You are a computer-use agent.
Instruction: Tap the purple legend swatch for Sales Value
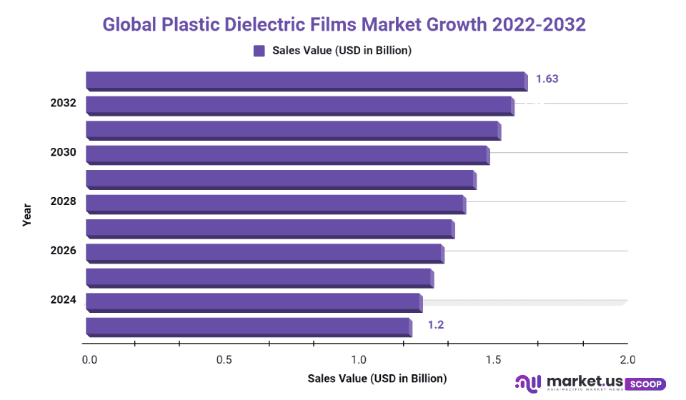click(259, 51)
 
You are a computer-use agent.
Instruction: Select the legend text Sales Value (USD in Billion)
click(342, 51)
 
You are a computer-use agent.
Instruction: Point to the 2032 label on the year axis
click(63, 103)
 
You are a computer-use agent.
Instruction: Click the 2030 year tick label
click(63, 152)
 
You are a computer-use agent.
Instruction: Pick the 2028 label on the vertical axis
click(63, 201)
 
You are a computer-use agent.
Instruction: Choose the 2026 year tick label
click(63, 251)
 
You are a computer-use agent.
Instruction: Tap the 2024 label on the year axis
click(63, 300)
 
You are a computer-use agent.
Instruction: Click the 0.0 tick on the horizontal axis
click(89, 359)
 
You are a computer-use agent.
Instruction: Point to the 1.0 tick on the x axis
click(359, 359)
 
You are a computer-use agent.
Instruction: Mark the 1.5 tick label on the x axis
click(493, 359)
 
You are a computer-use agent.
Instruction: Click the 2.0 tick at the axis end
click(627, 359)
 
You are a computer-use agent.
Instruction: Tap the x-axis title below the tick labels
click(377, 378)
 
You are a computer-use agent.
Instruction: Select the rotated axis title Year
click(27, 214)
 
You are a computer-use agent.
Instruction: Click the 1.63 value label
click(547, 79)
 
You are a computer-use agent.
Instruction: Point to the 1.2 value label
click(436, 325)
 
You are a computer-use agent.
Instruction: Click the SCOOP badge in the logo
click(646, 384)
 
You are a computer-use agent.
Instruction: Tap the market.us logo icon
click(527, 384)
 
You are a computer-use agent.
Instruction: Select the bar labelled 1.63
click(306, 80)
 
